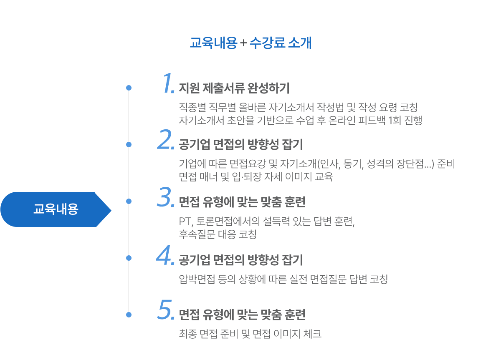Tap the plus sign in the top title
(x=243, y=44)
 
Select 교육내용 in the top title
(x=213, y=43)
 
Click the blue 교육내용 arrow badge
(x=56, y=209)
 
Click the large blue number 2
(x=165, y=140)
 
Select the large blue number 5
(x=165, y=311)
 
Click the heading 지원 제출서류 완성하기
(x=234, y=88)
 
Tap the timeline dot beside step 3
(x=129, y=201)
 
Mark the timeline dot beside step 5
(x=129, y=314)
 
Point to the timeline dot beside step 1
(x=129, y=88)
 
